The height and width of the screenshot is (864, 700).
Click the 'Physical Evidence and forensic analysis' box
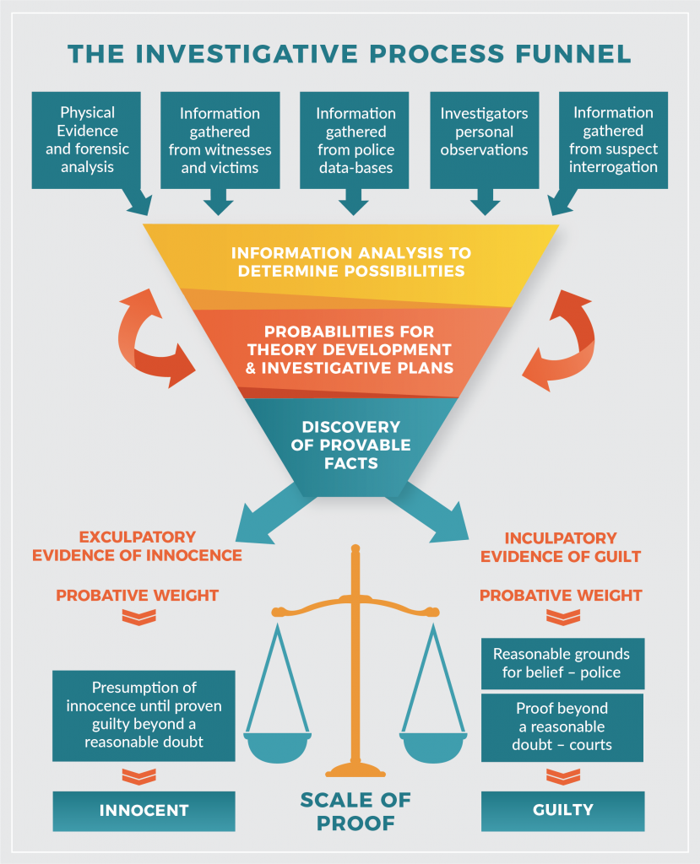click(x=88, y=139)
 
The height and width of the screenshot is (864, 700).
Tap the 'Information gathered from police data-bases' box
click(x=354, y=139)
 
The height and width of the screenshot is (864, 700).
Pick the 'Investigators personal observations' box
click(x=484, y=139)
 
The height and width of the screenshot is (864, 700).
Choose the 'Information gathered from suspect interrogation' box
click(x=614, y=139)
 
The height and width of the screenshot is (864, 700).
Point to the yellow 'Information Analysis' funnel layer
click(x=350, y=262)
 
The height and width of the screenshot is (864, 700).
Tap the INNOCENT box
click(x=144, y=811)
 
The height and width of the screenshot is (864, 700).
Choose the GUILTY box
click(x=562, y=810)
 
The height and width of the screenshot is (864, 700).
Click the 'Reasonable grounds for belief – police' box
click(x=562, y=663)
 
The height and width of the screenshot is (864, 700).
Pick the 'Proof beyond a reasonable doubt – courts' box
click(x=562, y=726)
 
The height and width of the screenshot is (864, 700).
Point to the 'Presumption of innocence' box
click(x=144, y=714)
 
